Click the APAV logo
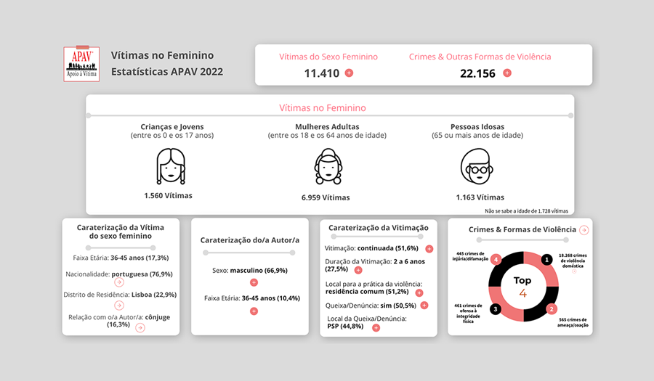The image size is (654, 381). coord(81,64)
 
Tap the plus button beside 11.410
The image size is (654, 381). coord(349,73)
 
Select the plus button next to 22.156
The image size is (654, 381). coord(507,73)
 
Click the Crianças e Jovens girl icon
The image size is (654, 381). coord(170,166)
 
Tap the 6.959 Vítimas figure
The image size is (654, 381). coord(326,197)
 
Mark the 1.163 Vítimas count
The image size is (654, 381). coord(480,197)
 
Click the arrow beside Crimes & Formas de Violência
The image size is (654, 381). coord(584,230)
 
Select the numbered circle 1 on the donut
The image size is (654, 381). coord(546,259)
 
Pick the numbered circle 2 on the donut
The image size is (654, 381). coord(552,309)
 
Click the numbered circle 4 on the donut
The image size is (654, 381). coord(496,259)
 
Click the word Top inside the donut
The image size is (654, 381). coord(522,280)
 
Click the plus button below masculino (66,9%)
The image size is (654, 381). coord(254,282)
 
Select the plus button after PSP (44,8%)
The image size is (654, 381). coord(376,327)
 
